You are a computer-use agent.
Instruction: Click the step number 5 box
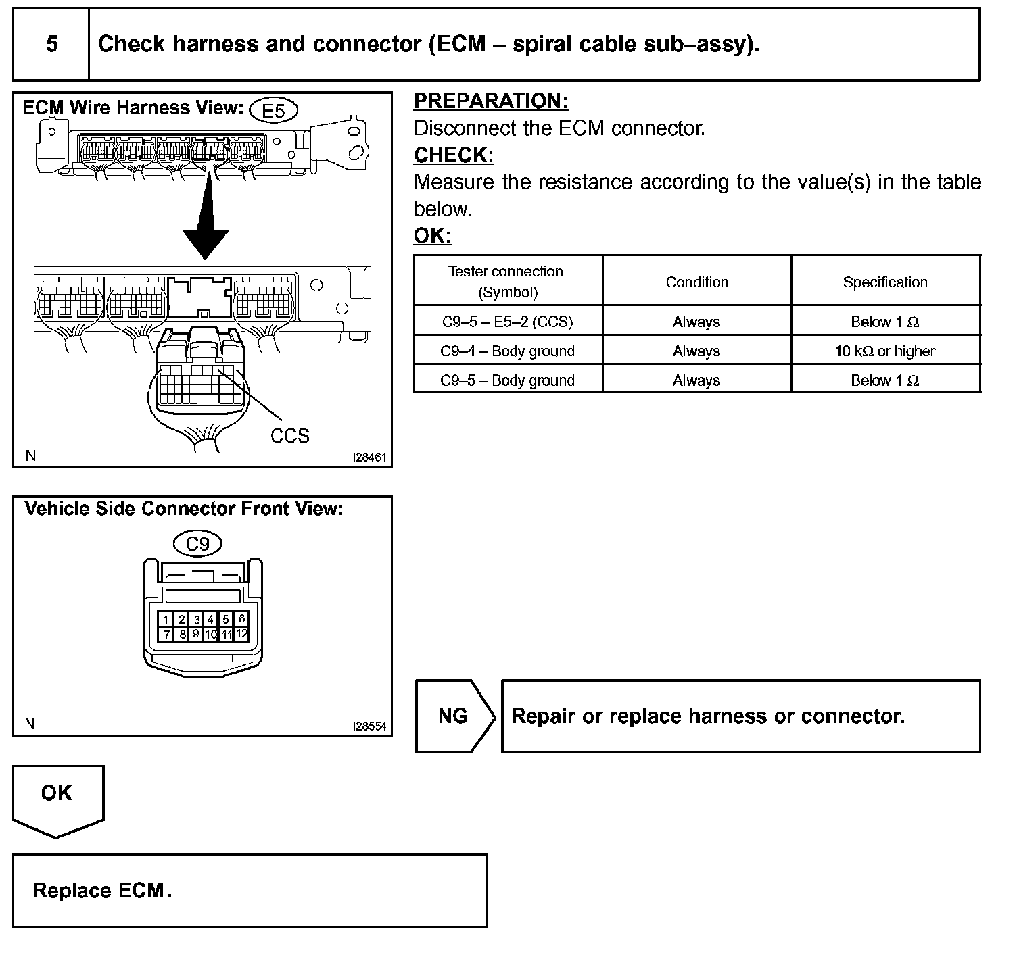pos(51,45)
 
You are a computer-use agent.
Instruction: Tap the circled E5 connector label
pos(273,110)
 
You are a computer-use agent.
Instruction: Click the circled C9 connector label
pos(197,543)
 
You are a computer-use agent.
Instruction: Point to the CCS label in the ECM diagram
pos(289,436)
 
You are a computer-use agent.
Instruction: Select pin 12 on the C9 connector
pos(242,634)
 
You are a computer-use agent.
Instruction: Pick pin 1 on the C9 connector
pos(166,619)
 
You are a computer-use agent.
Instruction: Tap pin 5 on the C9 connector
pos(227,619)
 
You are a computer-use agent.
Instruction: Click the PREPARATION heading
pos(490,101)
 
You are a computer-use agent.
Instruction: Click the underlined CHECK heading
pos(453,155)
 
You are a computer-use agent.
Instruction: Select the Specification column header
pos(885,282)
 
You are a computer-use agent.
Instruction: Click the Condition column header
pos(696,282)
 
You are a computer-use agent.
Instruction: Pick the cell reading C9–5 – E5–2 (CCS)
pos(507,322)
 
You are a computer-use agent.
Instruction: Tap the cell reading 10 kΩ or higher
pos(885,351)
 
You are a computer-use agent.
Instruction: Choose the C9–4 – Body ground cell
pos(507,351)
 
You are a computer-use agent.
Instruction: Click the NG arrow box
pos(454,716)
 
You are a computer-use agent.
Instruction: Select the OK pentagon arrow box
pos(57,797)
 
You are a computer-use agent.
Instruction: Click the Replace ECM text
pos(101,891)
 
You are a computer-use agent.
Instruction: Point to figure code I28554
pos(369,726)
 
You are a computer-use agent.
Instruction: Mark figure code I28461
pos(369,457)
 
